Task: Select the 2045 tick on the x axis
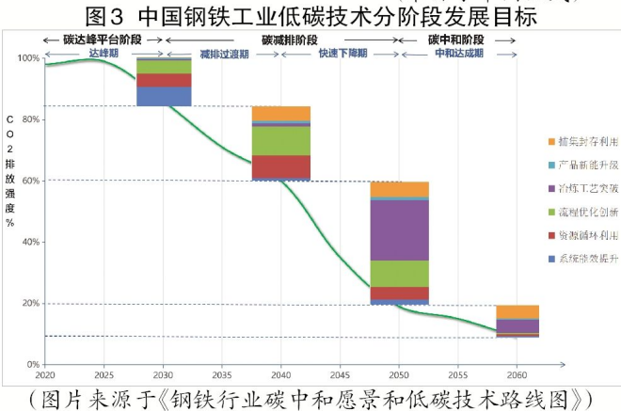click(x=340, y=373)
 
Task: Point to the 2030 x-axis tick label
click(x=163, y=373)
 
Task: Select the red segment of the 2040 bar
click(x=281, y=166)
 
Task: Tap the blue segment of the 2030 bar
click(x=164, y=96)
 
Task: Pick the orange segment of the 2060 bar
click(x=517, y=312)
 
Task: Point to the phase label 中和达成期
click(x=458, y=54)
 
